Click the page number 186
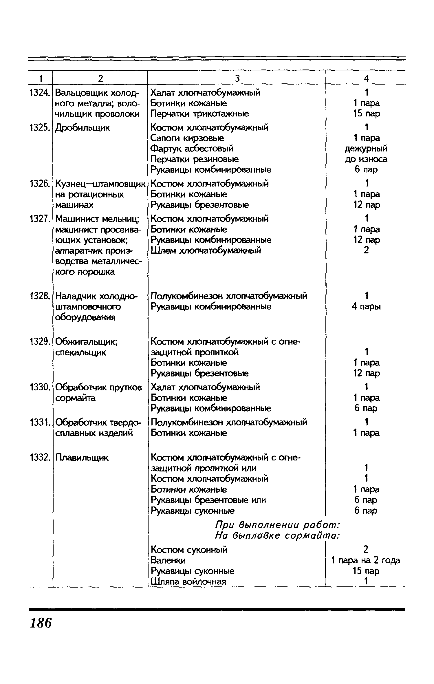(x=41, y=623)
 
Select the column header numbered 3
(x=237, y=78)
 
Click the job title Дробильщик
(x=83, y=128)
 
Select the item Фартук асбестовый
(x=192, y=149)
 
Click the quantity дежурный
(x=366, y=149)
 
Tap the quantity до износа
(x=366, y=159)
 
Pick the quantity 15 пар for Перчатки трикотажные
(x=366, y=114)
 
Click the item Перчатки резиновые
(x=195, y=159)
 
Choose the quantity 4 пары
(x=366, y=306)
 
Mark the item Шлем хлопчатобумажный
(x=206, y=250)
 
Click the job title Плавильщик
(x=82, y=458)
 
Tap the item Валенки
(x=168, y=560)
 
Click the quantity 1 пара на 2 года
(x=366, y=560)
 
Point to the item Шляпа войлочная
(x=188, y=581)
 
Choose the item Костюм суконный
(x=189, y=549)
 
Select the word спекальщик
(x=81, y=352)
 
